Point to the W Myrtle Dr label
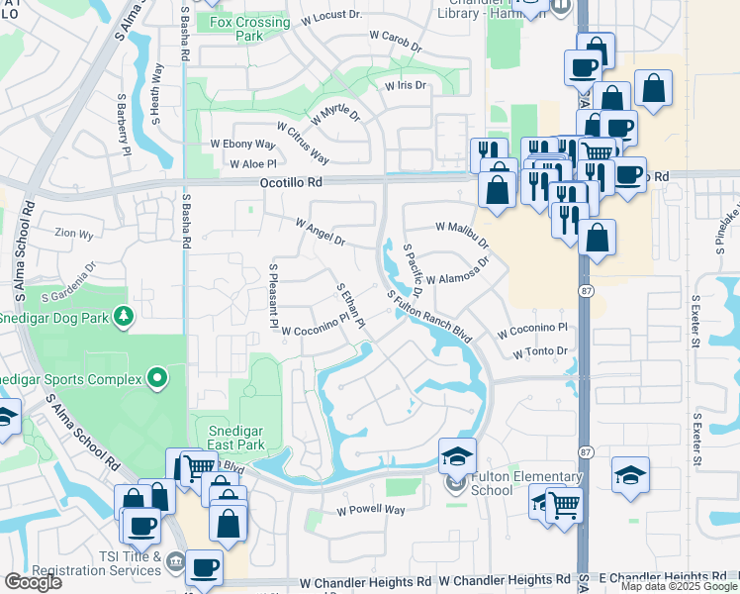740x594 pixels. click(x=336, y=115)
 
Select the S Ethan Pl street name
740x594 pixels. click(x=351, y=303)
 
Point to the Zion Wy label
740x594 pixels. click(x=73, y=235)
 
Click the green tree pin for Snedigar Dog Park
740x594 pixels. click(x=124, y=317)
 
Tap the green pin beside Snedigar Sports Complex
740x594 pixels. click(x=156, y=377)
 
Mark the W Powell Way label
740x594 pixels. click(x=371, y=511)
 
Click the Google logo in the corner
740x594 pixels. click(x=33, y=582)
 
